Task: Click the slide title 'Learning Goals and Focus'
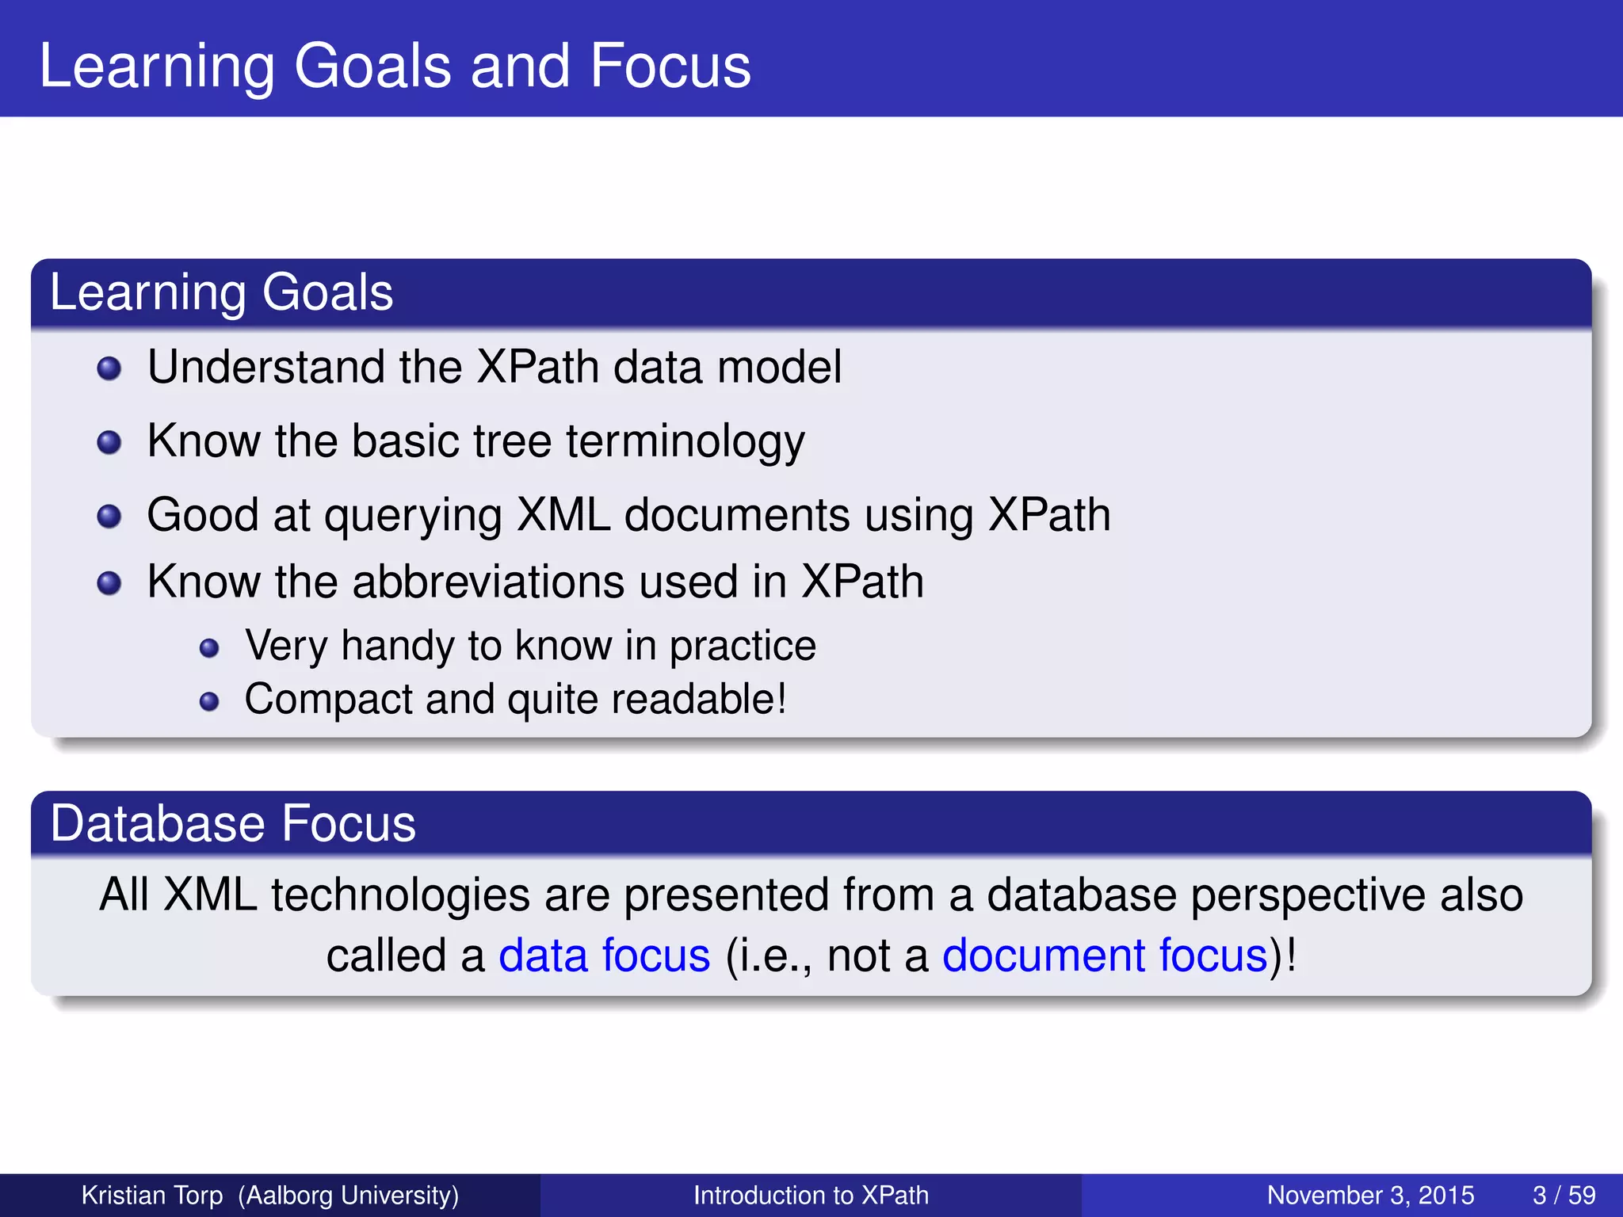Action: [x=395, y=67]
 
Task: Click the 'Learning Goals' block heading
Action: [x=221, y=292]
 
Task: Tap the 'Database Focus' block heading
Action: [x=232, y=823]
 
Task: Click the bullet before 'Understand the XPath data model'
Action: [x=109, y=368]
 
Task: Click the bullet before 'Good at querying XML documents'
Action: [x=109, y=517]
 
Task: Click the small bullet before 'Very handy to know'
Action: [x=209, y=649]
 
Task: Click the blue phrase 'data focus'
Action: [x=604, y=956]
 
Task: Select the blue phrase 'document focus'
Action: [x=1105, y=956]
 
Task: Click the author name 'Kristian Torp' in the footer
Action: [x=152, y=1195]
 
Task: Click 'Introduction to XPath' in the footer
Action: [x=811, y=1195]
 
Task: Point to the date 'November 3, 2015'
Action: [x=1370, y=1195]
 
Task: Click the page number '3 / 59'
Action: [x=1564, y=1195]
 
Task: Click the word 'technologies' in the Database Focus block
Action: [x=400, y=895]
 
